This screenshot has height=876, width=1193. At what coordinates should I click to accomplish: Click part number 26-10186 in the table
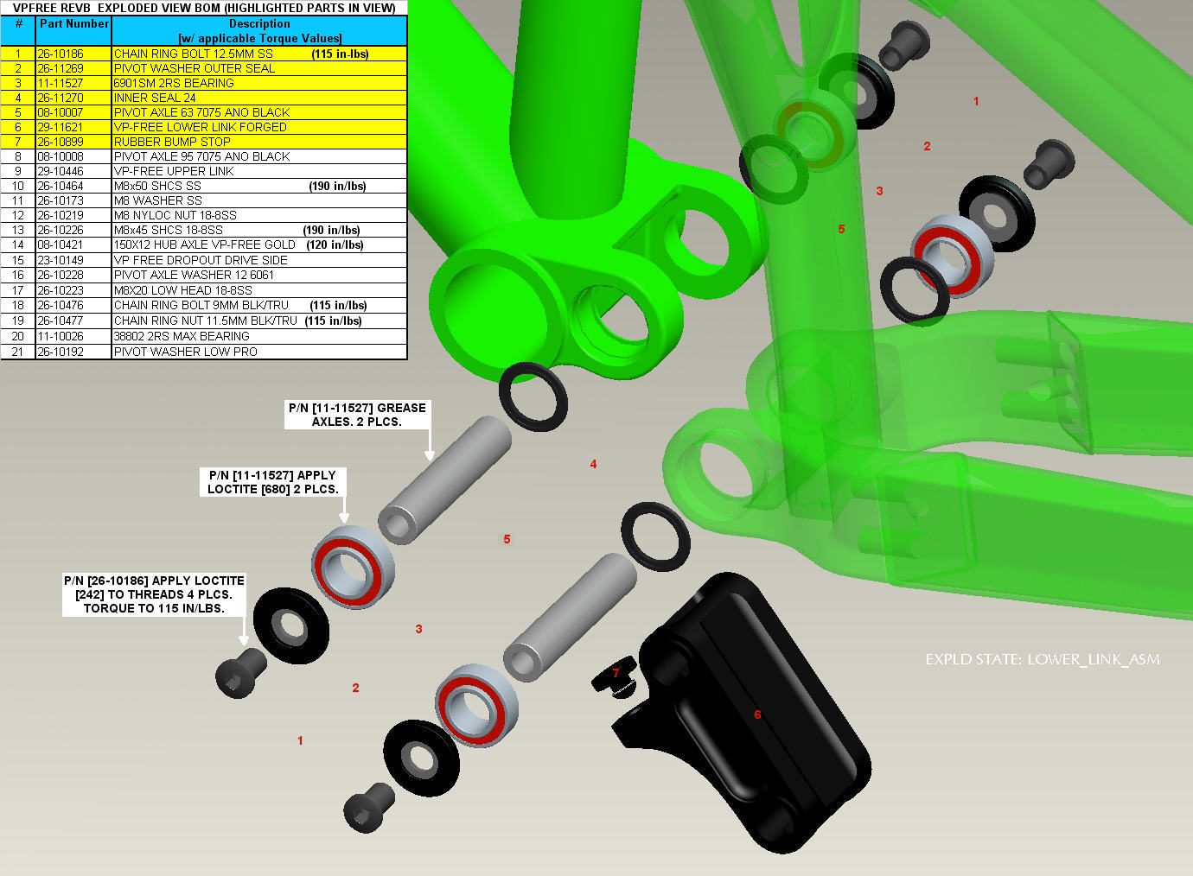(61, 54)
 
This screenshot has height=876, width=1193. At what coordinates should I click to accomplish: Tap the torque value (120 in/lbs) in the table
(335, 244)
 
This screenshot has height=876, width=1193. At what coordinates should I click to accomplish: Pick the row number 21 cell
(17, 352)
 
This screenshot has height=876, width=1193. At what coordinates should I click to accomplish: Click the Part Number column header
(73, 24)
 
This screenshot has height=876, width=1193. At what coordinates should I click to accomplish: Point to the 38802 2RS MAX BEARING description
(182, 336)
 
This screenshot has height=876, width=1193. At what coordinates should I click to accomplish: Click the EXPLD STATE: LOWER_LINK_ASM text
(1043, 660)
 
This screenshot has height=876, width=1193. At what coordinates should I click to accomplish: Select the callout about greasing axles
(357, 415)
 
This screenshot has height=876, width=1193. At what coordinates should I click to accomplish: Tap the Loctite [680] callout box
(272, 482)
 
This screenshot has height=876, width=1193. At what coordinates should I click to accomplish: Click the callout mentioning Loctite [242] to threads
(154, 594)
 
